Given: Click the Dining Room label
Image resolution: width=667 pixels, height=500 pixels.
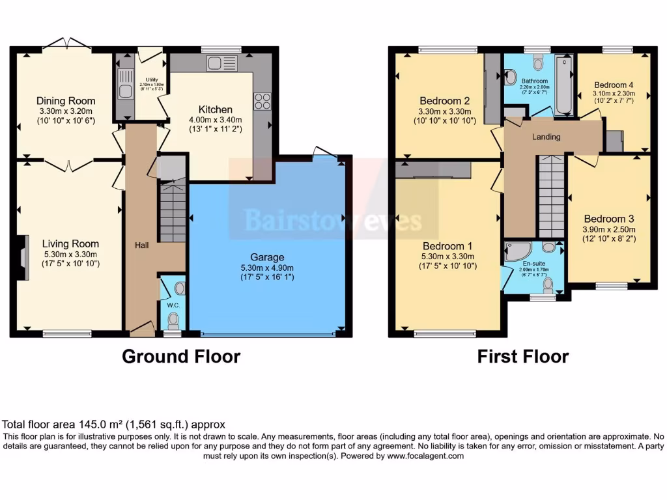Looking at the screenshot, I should coord(66,101).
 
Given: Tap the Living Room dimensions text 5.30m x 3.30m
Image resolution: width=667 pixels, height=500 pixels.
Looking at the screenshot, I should coord(70,255).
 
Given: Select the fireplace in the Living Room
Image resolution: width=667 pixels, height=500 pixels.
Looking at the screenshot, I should coord(24,258).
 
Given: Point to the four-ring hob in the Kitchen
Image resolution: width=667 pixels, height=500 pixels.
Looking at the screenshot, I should coord(262,101).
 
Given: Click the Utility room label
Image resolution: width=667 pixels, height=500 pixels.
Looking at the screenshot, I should coord(152,79).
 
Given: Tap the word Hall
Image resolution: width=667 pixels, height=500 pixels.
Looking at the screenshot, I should coord(141,245).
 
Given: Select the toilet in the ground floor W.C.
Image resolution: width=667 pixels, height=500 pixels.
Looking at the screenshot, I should coord(173,319).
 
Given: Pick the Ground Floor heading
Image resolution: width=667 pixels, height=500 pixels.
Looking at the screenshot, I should coord(181,357).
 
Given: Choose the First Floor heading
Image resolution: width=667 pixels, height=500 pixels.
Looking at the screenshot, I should coord(523,357).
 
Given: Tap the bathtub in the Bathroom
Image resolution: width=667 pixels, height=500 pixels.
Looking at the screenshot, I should coord(562,85).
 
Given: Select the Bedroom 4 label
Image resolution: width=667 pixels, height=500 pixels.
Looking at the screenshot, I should coord(614,85).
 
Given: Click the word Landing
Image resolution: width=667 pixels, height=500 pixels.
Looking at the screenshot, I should coord(546,137).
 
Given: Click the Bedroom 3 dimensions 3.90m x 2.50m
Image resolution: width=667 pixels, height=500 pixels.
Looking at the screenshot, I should coord(609,229).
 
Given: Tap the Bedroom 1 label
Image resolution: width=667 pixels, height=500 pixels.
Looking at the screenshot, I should coord(448,246).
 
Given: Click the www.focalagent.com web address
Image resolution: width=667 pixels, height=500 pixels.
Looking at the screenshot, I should coord(425,456).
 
